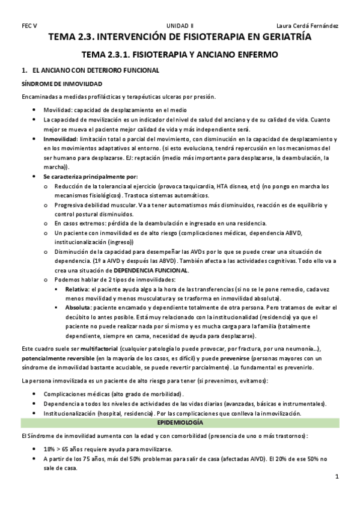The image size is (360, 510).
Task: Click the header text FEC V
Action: (29, 26)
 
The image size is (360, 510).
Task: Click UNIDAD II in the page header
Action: (180, 26)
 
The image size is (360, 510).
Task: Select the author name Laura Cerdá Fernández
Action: (307, 26)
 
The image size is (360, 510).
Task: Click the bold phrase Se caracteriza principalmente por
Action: (90, 176)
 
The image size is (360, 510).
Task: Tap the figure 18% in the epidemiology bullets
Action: (50, 449)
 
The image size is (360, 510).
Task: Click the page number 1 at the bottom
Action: (337, 477)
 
